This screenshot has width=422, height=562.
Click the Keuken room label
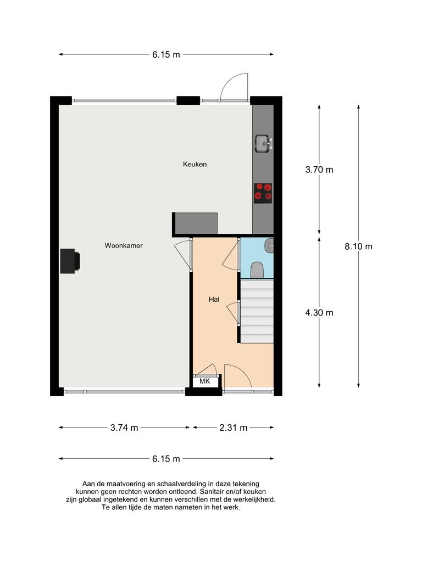tap(195, 164)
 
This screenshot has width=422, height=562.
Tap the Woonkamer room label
tap(124, 246)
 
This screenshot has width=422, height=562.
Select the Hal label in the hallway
tap(214, 300)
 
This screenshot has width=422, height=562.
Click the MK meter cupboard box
tap(205, 381)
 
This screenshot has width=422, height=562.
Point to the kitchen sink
tap(262, 144)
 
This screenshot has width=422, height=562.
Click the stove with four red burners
tap(263, 193)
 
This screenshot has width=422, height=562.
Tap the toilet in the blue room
tap(257, 269)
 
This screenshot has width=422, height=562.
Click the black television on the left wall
tap(70, 261)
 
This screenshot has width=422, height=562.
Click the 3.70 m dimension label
tap(319, 170)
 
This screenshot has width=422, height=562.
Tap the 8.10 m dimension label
tap(358, 246)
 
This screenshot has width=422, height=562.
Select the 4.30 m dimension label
tap(319, 312)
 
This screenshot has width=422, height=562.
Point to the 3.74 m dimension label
tap(124, 428)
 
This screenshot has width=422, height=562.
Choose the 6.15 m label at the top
tap(166, 54)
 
